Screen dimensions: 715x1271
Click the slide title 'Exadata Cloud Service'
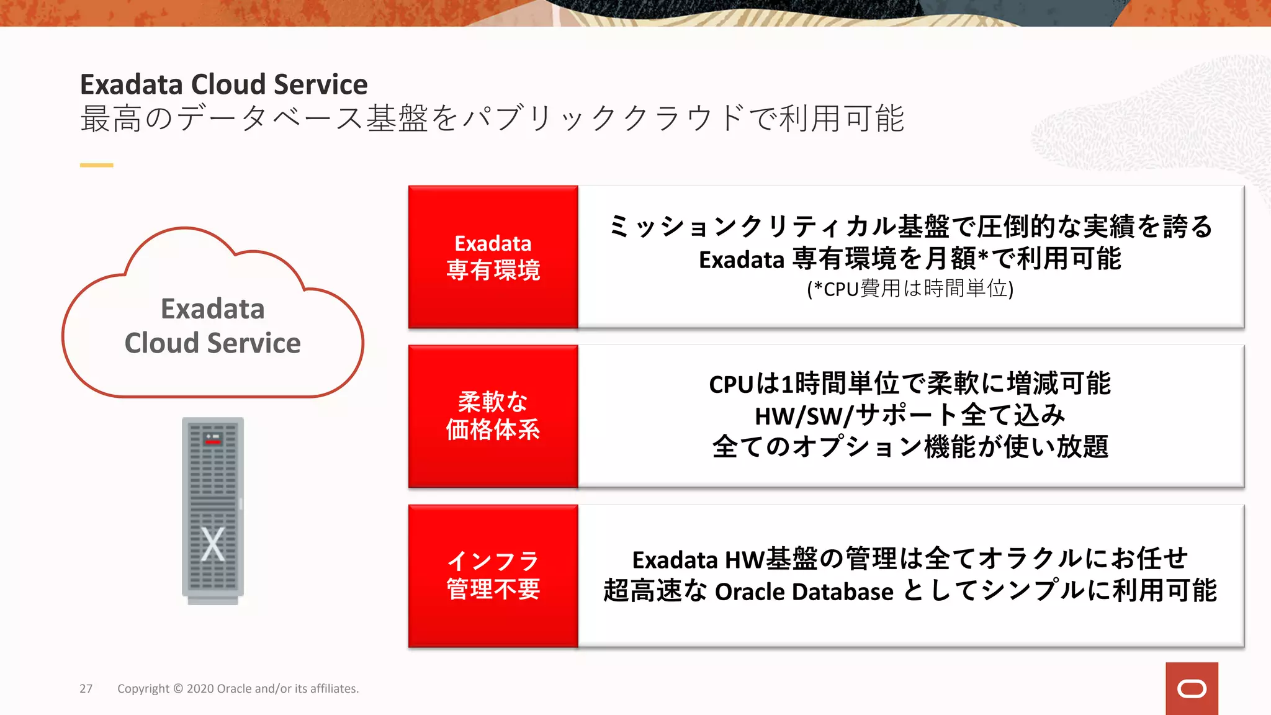223,84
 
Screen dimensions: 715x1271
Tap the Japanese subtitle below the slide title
492,119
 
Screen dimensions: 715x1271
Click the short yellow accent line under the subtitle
96,165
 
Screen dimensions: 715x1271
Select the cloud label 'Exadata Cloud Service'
213,326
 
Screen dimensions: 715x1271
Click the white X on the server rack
213,544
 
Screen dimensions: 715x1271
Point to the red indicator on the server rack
213,441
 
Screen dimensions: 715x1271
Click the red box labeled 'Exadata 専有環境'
493,257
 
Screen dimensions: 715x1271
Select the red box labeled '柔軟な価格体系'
493,416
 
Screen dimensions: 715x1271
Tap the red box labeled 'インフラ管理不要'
493,575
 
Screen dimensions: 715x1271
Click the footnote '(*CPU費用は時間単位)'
910,289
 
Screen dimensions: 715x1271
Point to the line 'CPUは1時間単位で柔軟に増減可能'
910,384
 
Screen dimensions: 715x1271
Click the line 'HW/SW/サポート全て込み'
910,415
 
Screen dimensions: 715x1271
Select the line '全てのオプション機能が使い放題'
910,447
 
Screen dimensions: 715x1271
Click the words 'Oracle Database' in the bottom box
804,591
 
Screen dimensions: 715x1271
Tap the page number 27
86,688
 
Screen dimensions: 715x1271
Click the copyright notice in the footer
238,688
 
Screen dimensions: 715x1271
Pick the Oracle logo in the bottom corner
1192,688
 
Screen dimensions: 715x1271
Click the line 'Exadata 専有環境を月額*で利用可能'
910,259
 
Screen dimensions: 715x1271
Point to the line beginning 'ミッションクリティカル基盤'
910,226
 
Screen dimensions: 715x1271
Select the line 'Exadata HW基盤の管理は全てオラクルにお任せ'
910,559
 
